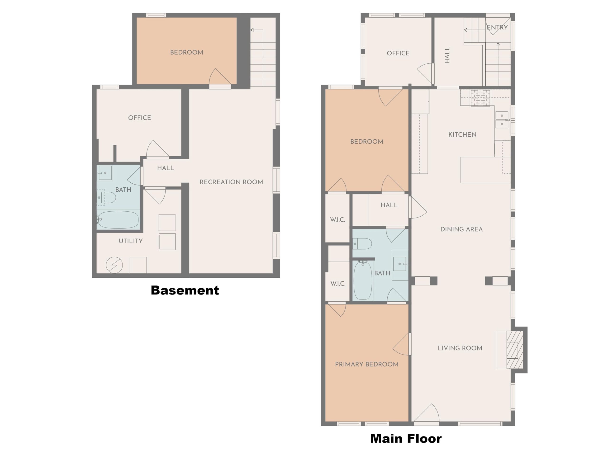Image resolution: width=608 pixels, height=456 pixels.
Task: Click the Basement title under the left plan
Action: [185, 290]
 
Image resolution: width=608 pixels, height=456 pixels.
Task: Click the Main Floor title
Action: [406, 438]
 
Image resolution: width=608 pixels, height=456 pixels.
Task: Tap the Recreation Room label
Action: [231, 182]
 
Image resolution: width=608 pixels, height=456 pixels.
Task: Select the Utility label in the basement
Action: [131, 241]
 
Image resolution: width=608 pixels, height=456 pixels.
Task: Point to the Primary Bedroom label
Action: [367, 364]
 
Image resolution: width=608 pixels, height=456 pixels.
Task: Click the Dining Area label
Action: [461, 229]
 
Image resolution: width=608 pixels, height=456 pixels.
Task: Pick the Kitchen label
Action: [462, 135]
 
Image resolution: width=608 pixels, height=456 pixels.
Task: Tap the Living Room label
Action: [460, 348]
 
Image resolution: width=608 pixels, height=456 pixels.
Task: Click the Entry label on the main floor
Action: [497, 27]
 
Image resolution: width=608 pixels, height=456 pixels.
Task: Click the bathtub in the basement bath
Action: [118, 220]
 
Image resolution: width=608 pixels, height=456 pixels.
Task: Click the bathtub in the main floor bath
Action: [363, 280]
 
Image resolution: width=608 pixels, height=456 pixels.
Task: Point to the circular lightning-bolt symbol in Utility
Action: [114, 265]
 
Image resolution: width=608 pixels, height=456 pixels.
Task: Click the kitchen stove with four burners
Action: [480, 98]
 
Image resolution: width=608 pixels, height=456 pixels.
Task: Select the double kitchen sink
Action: [502, 120]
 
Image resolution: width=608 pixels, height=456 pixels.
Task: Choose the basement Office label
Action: [140, 118]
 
